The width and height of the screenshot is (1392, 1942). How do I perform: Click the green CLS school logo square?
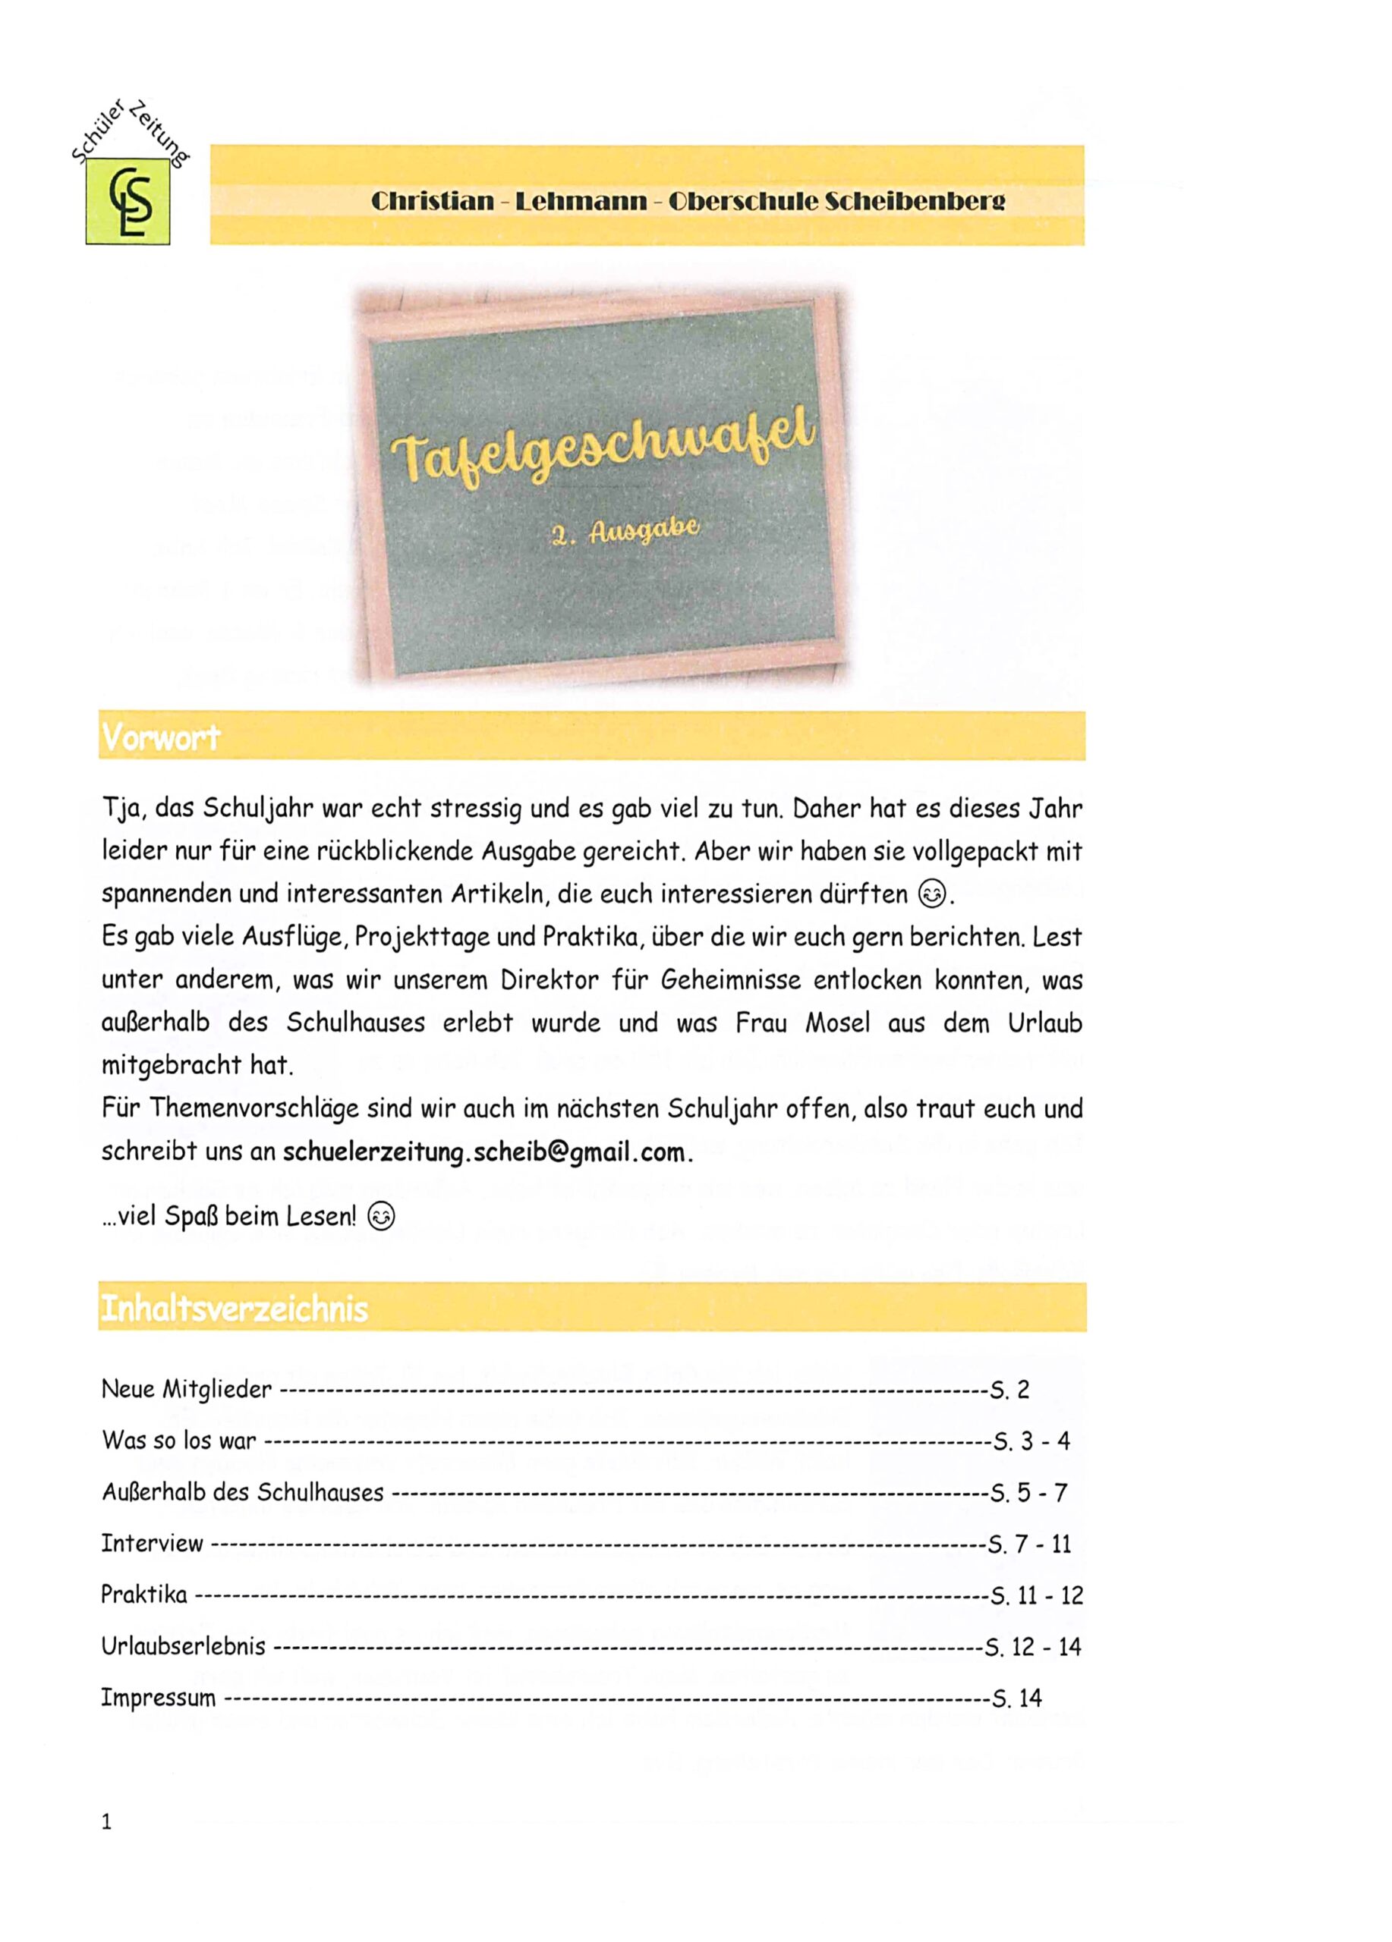(x=128, y=201)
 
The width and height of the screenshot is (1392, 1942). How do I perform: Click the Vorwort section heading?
(x=161, y=737)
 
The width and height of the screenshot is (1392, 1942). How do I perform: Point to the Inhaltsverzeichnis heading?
(x=234, y=1309)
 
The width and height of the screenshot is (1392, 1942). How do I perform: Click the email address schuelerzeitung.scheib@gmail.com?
(x=485, y=1152)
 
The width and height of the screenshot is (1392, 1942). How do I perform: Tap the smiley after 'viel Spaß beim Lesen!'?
(x=381, y=1217)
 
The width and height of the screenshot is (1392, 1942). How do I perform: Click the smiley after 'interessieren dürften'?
(x=932, y=895)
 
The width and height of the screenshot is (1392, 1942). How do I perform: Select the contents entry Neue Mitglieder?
(x=187, y=1389)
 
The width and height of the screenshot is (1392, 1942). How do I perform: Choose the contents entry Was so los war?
(x=179, y=1441)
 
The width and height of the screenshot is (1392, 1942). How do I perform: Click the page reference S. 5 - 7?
(x=1028, y=1492)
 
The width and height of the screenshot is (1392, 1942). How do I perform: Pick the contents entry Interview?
(x=153, y=1544)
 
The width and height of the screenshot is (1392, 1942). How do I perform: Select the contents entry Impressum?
(x=159, y=1698)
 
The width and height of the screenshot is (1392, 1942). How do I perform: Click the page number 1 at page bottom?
(x=106, y=1822)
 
